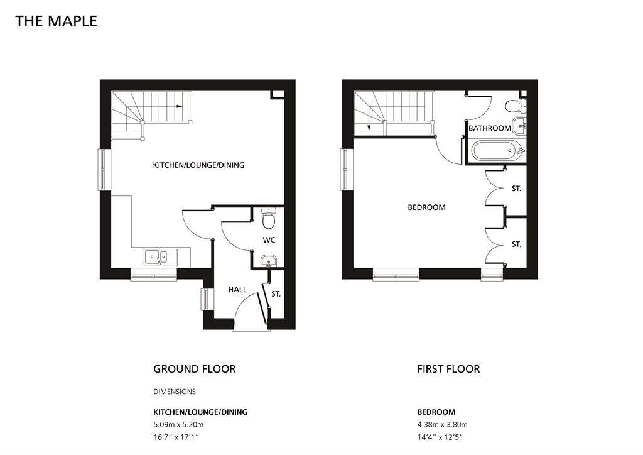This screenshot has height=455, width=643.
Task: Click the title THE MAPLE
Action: [56, 21]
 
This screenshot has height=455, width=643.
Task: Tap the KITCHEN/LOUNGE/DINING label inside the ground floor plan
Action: [198, 165]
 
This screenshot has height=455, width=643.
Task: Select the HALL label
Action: [237, 290]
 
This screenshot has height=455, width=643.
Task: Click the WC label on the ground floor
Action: [269, 239]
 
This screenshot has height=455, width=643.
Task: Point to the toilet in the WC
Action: [269, 218]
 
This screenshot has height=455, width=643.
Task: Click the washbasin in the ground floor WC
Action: [269, 260]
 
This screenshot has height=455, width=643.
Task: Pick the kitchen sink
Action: [161, 257]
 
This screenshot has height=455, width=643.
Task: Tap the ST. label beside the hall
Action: [276, 294]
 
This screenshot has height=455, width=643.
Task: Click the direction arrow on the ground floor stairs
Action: [179, 106]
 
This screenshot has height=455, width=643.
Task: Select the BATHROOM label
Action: [490, 128]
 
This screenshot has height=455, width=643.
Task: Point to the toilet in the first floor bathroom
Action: [514, 106]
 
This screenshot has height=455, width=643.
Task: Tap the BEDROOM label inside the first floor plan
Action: [426, 207]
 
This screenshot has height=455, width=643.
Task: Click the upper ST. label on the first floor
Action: [516, 189]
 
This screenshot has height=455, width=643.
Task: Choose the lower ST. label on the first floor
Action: [516, 244]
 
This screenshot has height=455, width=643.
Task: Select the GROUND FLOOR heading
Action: [195, 369]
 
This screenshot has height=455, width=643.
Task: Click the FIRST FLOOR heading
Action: [448, 369]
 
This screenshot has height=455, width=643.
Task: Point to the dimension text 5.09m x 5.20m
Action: [178, 425]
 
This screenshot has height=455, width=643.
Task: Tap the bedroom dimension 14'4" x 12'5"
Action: [440, 437]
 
